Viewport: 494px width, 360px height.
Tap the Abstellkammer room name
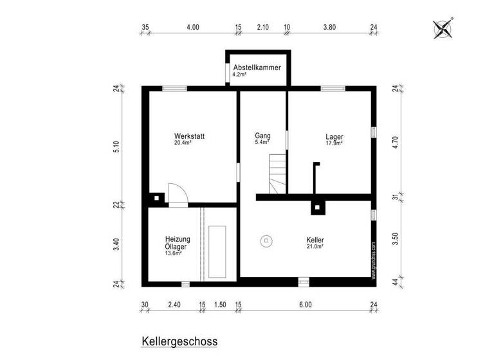coord(257,67)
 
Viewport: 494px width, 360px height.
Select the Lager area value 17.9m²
coord(334,143)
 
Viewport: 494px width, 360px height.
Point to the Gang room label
coord(262,136)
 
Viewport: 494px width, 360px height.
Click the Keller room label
coord(315,240)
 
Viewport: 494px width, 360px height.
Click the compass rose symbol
coord(443,29)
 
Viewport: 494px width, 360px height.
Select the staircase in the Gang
coord(278,174)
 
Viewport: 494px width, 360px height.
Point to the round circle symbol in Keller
coord(266,242)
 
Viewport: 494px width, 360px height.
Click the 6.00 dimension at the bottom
coord(306,304)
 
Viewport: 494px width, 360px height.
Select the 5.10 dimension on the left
coord(116,147)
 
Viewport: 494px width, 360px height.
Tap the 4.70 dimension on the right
coord(396,142)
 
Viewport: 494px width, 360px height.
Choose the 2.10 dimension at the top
coord(262,28)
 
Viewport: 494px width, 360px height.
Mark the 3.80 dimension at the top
coord(329,28)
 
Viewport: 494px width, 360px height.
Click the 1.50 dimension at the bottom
coord(220,304)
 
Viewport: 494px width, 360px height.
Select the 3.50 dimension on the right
coord(396,240)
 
